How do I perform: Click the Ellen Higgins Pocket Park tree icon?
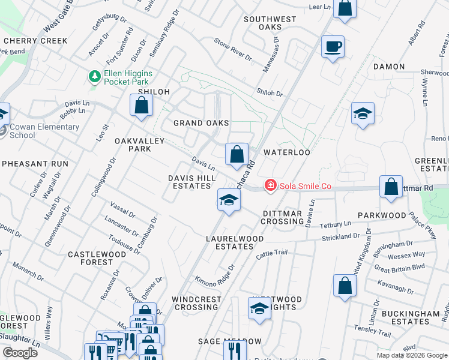[x=94, y=77]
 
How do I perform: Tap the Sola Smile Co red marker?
[x=271, y=186]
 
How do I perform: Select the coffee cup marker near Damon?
[x=333, y=47]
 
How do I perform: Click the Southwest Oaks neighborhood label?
[x=270, y=23]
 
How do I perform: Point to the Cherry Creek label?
[x=35, y=41]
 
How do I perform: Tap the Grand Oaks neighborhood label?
[x=201, y=123]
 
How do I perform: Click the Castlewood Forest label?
[x=97, y=258]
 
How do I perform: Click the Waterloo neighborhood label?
[x=286, y=152]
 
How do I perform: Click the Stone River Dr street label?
[x=233, y=48]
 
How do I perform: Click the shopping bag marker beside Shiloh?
[x=140, y=106]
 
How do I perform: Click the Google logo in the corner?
[x=20, y=353]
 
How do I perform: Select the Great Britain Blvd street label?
[x=399, y=268]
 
